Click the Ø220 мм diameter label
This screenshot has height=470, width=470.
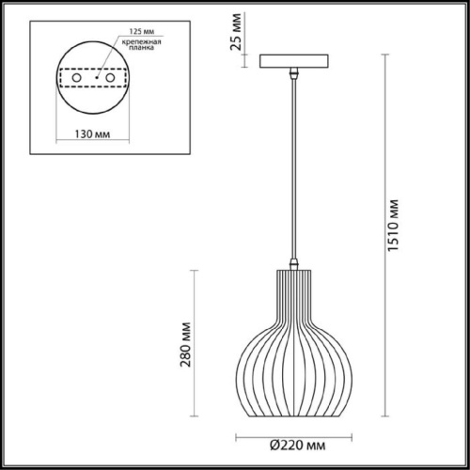pyautogui.click(x=296, y=445)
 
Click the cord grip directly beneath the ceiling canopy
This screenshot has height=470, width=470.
pyautogui.click(x=295, y=72)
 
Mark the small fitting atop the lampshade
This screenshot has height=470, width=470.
pyautogui.click(x=295, y=264)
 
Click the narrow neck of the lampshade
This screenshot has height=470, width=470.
pyautogui.click(x=295, y=287)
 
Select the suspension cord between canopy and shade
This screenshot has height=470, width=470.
pyautogui.click(x=295, y=169)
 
